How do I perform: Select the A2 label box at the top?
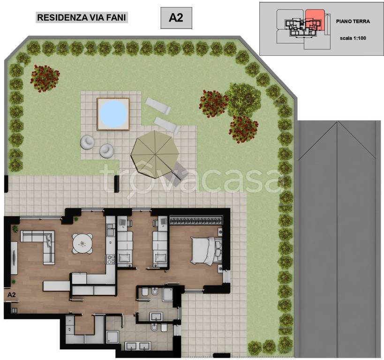[176, 18]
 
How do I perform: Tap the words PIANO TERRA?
[353, 22]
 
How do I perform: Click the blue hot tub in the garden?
[113, 112]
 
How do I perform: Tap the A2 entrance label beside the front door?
[12, 295]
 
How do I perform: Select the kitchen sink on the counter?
[111, 230]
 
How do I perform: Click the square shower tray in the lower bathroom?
[113, 336]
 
